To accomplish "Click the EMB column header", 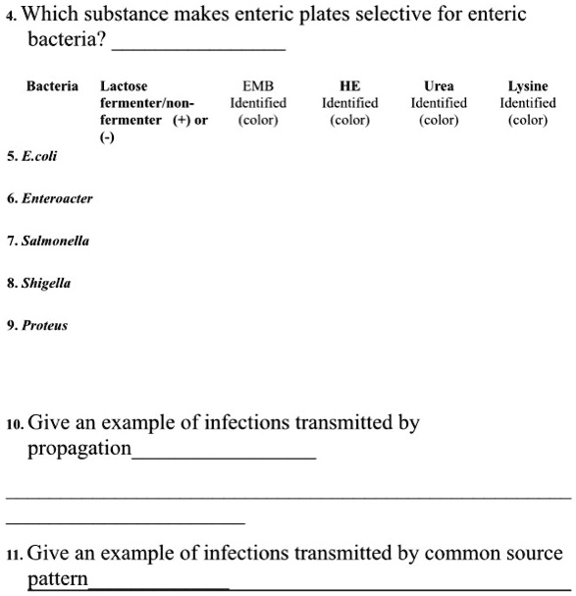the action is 257,86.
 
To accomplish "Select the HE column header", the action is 349,86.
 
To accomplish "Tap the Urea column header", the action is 439,86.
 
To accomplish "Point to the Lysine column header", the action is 528,86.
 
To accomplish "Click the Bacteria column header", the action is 52,86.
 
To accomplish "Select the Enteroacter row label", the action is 54,197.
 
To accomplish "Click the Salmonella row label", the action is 53,241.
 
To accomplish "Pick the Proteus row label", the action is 43,325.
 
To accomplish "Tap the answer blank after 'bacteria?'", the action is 199,46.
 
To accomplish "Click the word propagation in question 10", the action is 79,450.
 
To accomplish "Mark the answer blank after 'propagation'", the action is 224,455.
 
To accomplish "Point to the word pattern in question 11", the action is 58,579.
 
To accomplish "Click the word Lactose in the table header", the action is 125,86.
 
